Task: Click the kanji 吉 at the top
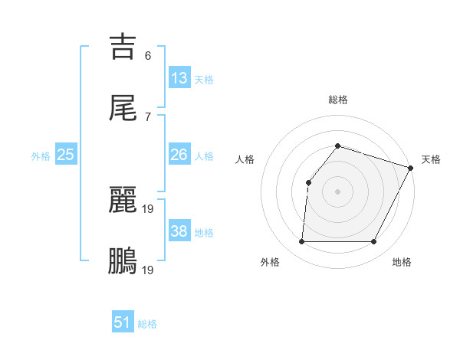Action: [123, 47]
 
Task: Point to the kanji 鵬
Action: [123, 260]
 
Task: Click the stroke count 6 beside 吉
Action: [148, 56]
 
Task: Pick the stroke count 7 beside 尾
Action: [148, 116]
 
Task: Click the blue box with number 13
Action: [179, 78]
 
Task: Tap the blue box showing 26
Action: [179, 155]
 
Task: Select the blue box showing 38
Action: [179, 231]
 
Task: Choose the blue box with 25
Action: [65, 155]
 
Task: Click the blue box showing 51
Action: [123, 322]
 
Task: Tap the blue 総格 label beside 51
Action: [147, 324]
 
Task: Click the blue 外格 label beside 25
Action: [41, 156]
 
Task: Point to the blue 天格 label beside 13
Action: [204, 80]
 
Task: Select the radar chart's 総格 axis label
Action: [338, 100]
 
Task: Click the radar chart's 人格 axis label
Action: [245, 159]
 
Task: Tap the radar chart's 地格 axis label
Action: [402, 263]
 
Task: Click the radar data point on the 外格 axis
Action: [301, 242]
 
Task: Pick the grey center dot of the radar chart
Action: [337, 191]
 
